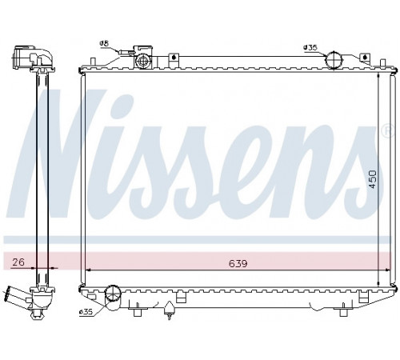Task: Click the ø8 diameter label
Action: click(x=104, y=43)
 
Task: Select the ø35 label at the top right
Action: click(x=310, y=47)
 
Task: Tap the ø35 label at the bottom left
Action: click(x=86, y=312)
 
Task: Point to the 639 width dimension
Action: click(x=238, y=263)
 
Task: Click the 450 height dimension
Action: click(x=373, y=179)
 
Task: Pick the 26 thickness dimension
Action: click(x=18, y=262)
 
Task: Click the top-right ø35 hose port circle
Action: click(x=334, y=60)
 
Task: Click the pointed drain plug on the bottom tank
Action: click(x=169, y=310)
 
